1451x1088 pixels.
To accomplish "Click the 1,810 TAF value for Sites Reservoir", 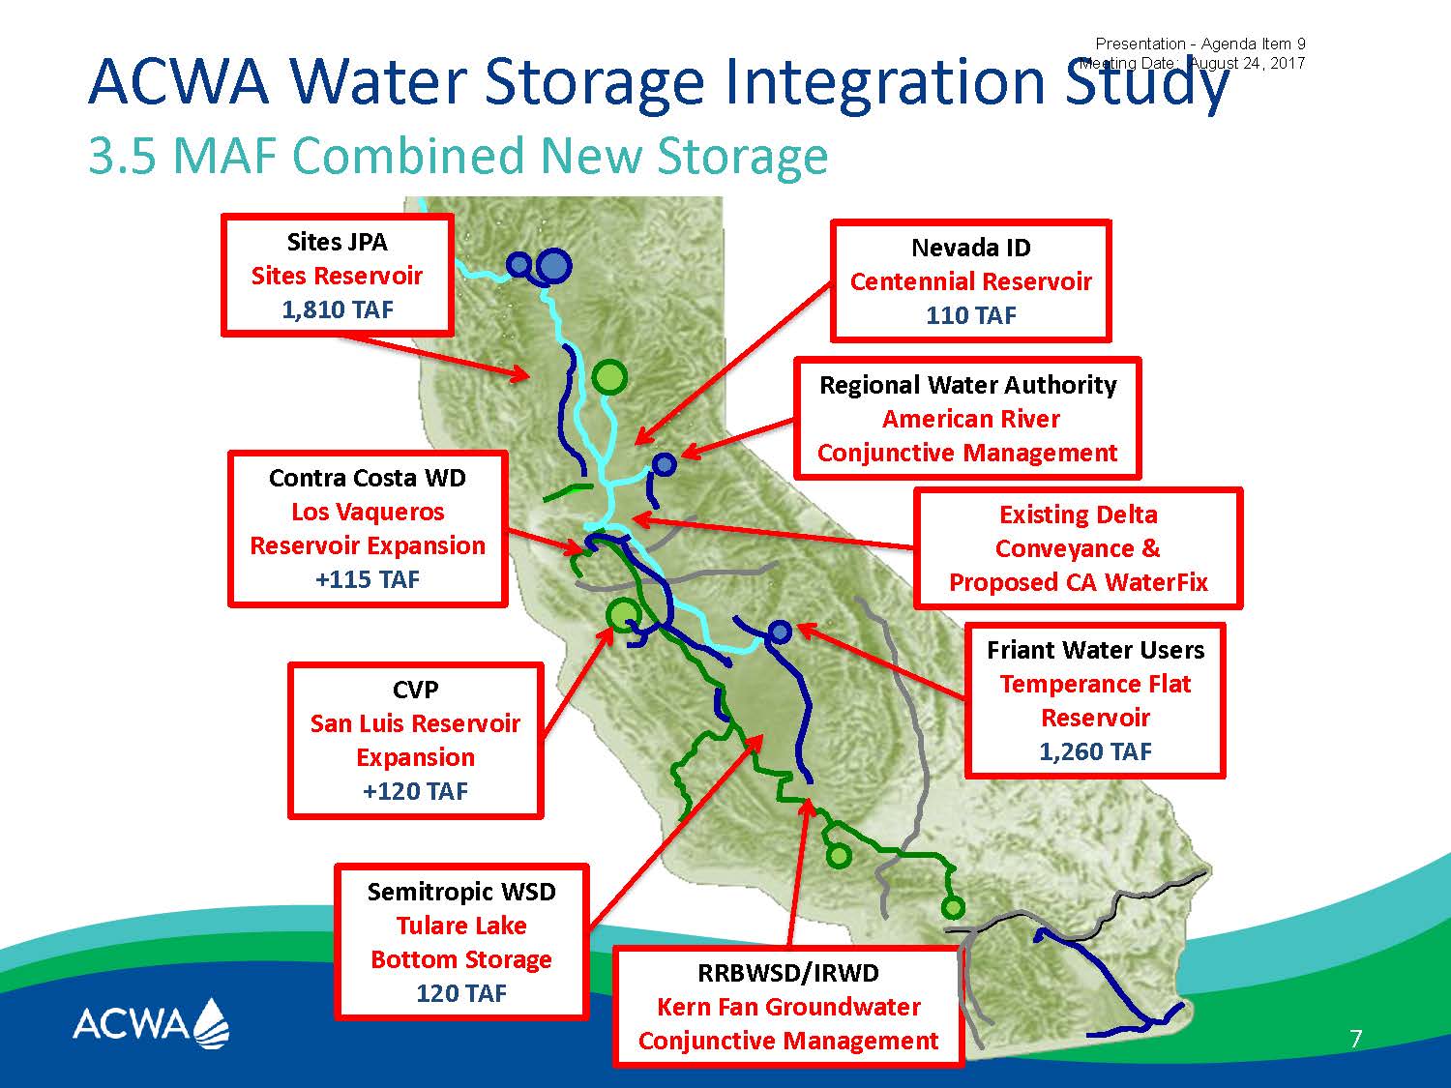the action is [338, 309].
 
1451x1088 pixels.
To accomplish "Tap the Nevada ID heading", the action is [971, 248].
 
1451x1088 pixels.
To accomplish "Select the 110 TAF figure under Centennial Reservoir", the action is [971, 315].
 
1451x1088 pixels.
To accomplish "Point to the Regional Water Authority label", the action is [968, 385].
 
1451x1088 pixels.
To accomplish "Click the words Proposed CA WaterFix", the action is [1079, 582].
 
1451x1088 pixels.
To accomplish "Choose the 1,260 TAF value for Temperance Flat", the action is [1095, 751].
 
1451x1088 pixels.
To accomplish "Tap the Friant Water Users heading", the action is [1095, 650].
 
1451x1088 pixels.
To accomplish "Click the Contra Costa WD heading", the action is [368, 478].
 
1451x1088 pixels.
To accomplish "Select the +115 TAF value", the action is [368, 579].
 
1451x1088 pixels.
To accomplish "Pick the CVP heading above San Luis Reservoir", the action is [415, 690].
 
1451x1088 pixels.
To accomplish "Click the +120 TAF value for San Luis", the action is [415, 791].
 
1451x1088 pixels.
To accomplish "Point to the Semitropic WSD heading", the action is [461, 892].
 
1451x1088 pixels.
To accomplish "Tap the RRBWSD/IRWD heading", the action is [788, 973].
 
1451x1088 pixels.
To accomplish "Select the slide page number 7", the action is [1356, 1039].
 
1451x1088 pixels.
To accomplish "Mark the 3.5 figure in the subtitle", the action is [122, 157].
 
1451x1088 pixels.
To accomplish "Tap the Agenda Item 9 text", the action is [1254, 44].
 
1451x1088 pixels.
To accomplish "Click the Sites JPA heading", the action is [338, 242].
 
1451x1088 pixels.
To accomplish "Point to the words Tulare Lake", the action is [461, 926].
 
